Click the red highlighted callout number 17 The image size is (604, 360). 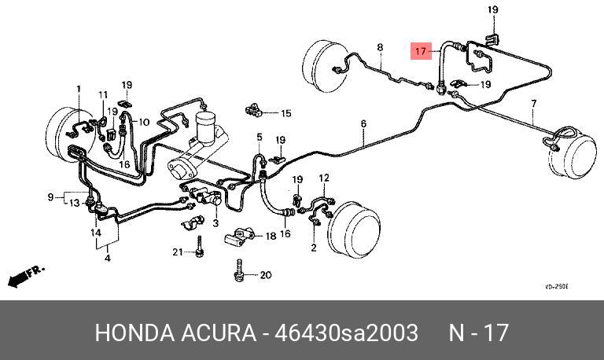[x=422, y=52]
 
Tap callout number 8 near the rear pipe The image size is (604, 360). [x=379, y=49]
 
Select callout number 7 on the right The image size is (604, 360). [x=534, y=103]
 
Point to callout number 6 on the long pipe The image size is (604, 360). [x=364, y=123]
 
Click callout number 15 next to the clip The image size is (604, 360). [x=259, y=138]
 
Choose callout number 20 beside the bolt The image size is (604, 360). [x=265, y=275]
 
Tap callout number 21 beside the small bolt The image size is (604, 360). [x=178, y=252]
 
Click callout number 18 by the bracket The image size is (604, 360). [x=271, y=236]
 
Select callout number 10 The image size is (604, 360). [x=144, y=121]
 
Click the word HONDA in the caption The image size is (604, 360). [x=131, y=332]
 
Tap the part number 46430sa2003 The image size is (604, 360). [x=344, y=332]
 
